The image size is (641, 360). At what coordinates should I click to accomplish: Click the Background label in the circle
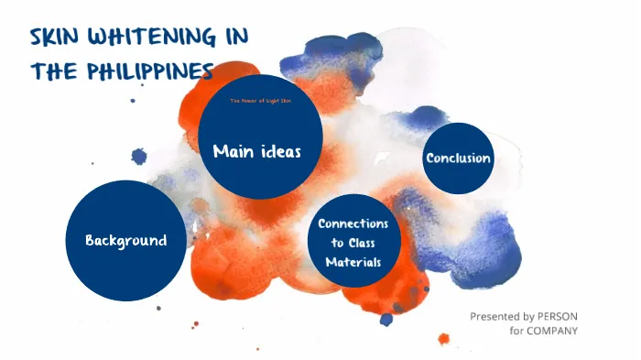[x=125, y=241]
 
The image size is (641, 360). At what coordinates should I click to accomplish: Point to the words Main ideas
[x=256, y=151]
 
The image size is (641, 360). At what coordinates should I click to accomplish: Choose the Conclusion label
[x=458, y=158]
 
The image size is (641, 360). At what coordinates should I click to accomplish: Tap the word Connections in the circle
[x=353, y=224]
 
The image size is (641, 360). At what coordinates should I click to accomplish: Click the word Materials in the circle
[x=353, y=262]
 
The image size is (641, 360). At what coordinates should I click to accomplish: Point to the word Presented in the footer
[x=495, y=316]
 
